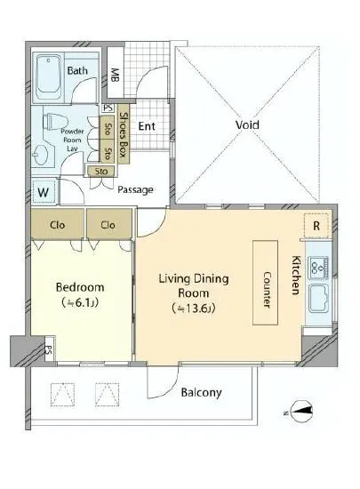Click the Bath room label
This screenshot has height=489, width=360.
click(77, 70)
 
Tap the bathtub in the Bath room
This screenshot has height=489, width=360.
click(48, 77)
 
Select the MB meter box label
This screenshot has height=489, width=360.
click(115, 75)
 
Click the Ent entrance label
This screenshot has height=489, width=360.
click(147, 126)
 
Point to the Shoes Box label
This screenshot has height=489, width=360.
click(124, 135)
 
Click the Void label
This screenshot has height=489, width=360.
click(247, 125)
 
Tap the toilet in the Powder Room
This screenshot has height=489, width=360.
click(56, 122)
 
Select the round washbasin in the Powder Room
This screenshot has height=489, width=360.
click(41, 155)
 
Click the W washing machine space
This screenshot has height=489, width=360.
click(44, 192)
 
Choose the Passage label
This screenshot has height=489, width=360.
click(135, 189)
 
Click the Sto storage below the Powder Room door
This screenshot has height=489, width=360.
click(101, 172)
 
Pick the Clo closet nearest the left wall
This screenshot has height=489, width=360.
click(58, 225)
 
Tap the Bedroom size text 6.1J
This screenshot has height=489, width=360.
click(80, 302)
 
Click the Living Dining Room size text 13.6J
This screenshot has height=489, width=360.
click(193, 309)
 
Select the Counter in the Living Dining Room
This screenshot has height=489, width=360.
click(265, 283)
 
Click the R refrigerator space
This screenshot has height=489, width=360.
click(316, 226)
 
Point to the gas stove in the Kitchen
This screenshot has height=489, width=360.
click(318, 268)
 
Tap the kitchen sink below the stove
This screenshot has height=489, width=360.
click(319, 300)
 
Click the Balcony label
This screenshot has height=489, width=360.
click(202, 392)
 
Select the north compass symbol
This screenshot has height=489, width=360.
click(300, 412)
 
